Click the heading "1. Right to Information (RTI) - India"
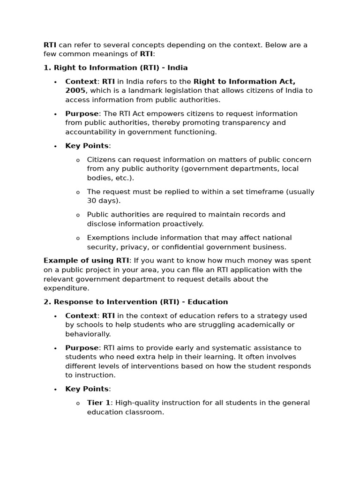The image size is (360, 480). pyautogui.click(x=115, y=67)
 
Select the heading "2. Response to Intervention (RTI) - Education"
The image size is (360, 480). pyautogui.click(x=135, y=302)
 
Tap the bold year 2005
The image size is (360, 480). pyautogui.click(x=75, y=90)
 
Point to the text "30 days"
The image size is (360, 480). pyautogui.click(x=103, y=201)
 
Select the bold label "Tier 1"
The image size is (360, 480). pyautogui.click(x=98, y=403)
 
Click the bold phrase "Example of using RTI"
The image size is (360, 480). pyautogui.click(x=86, y=261)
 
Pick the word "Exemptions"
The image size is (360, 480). pyautogui.click(x=108, y=238)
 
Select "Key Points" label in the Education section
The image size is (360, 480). pyautogui.click(x=87, y=389)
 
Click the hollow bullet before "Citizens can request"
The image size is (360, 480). pyautogui.click(x=78, y=160)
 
